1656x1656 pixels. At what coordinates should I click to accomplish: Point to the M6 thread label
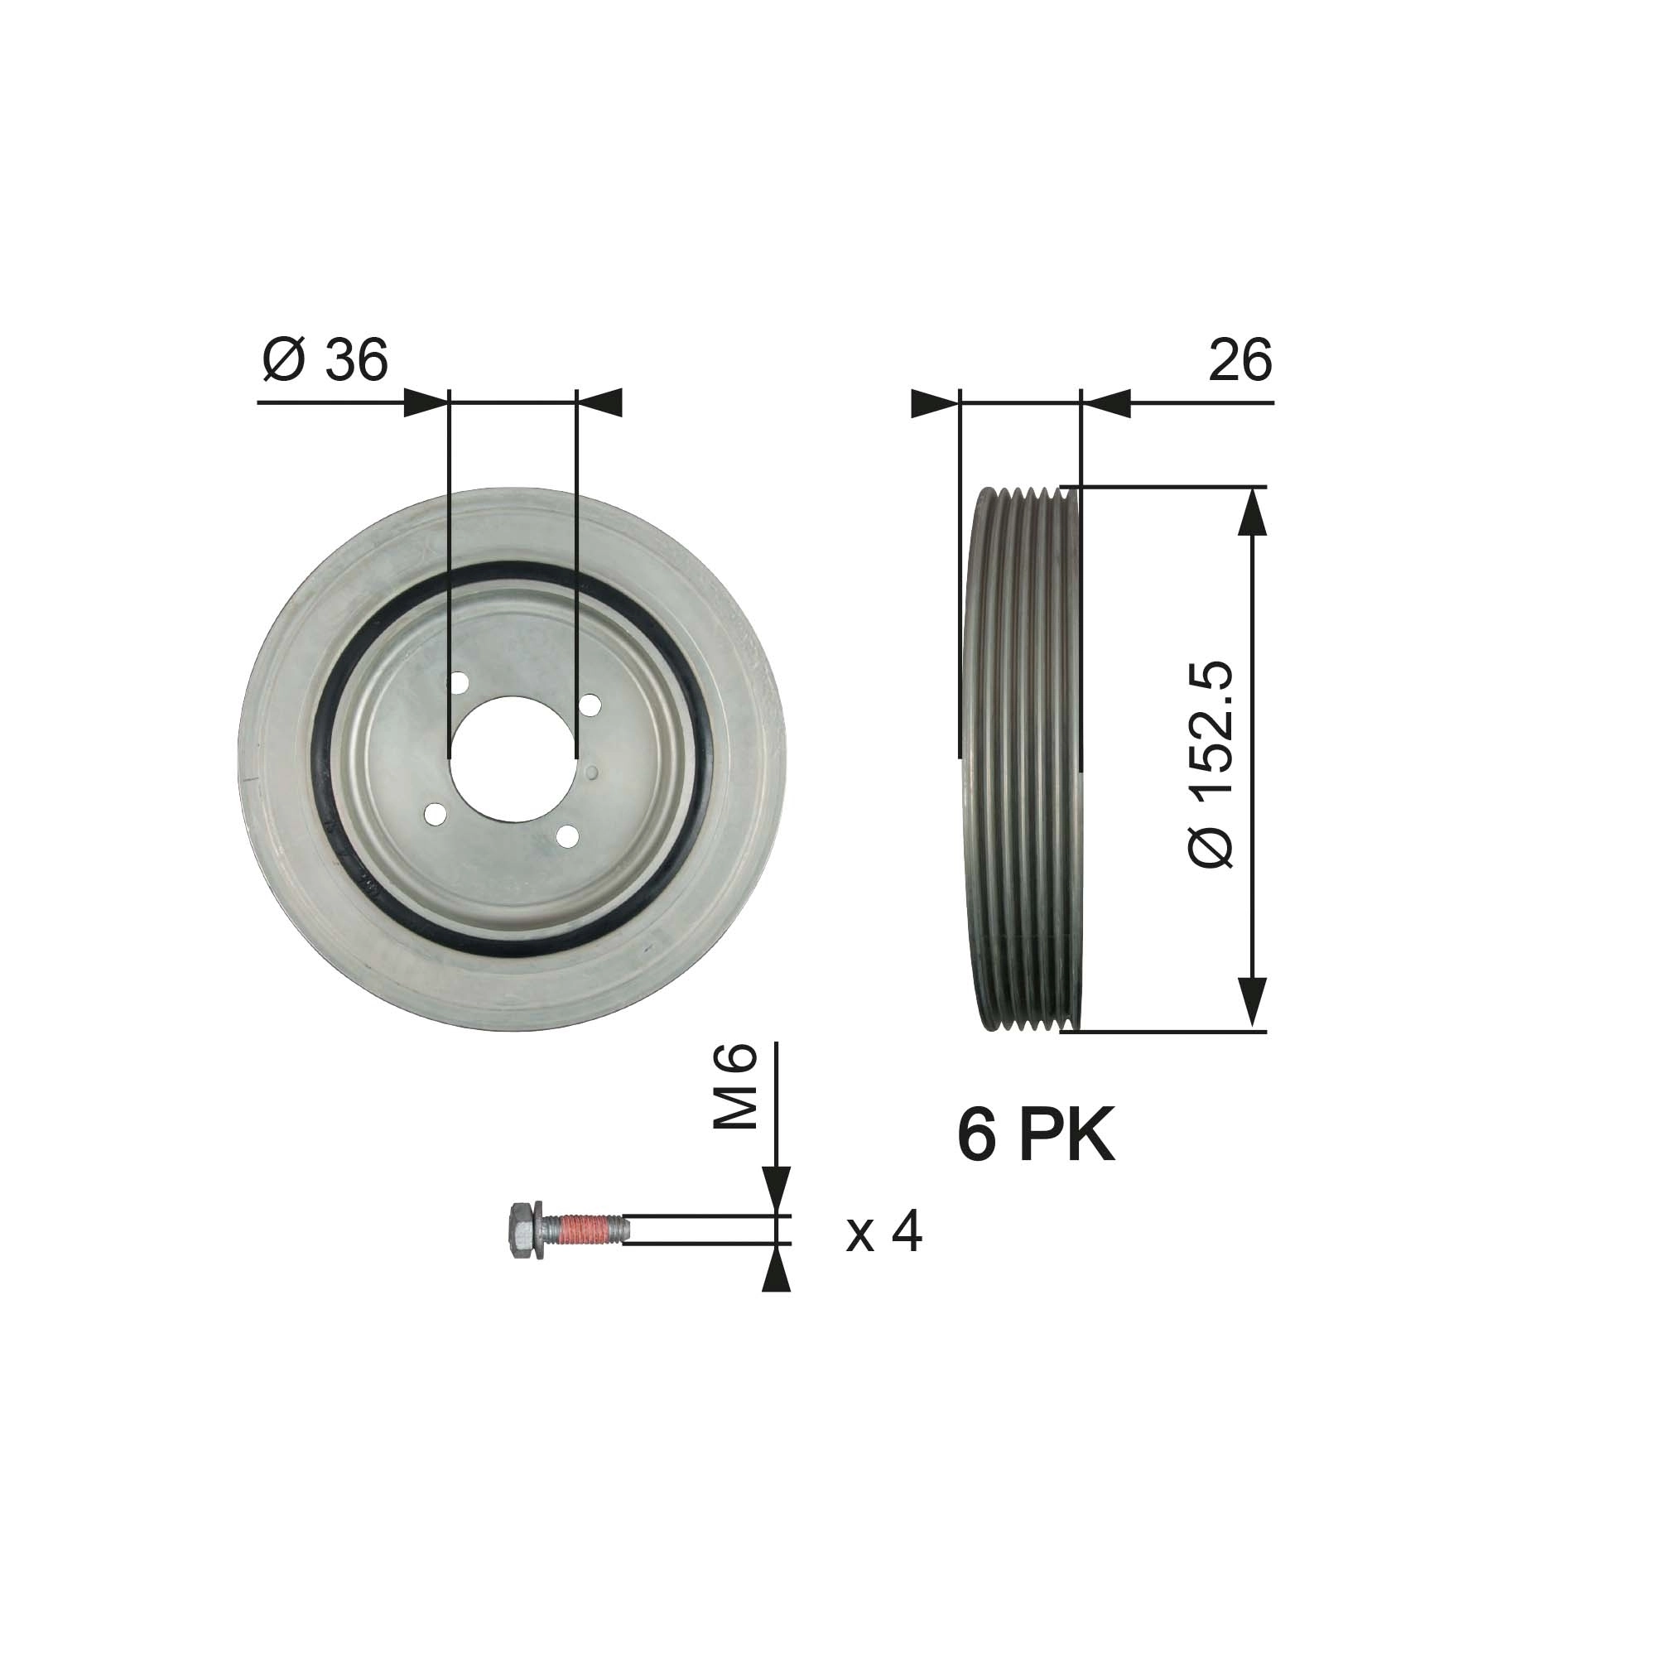736,1086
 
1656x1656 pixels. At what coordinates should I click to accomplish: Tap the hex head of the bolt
520,1230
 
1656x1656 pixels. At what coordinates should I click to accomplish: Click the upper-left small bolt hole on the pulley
459,683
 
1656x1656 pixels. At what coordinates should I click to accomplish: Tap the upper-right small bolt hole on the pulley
589,705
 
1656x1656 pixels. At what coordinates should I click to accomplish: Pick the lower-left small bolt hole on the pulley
436,813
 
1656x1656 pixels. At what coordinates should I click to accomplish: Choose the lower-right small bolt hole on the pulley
566,834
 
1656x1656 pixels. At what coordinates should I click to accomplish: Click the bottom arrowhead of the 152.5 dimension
1253,1004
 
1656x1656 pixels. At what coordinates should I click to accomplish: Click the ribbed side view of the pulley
1025,758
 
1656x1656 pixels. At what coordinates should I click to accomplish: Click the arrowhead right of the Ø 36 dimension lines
600,403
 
